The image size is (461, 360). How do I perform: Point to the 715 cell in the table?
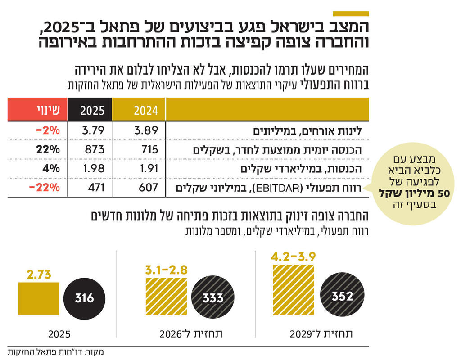[149, 149]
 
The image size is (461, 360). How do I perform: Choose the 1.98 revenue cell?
[93, 168]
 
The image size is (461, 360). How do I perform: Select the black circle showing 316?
[85, 298]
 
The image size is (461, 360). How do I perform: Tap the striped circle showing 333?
[212, 298]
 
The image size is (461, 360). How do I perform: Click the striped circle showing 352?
[342, 296]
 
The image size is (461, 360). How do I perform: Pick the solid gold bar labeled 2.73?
[38, 298]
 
